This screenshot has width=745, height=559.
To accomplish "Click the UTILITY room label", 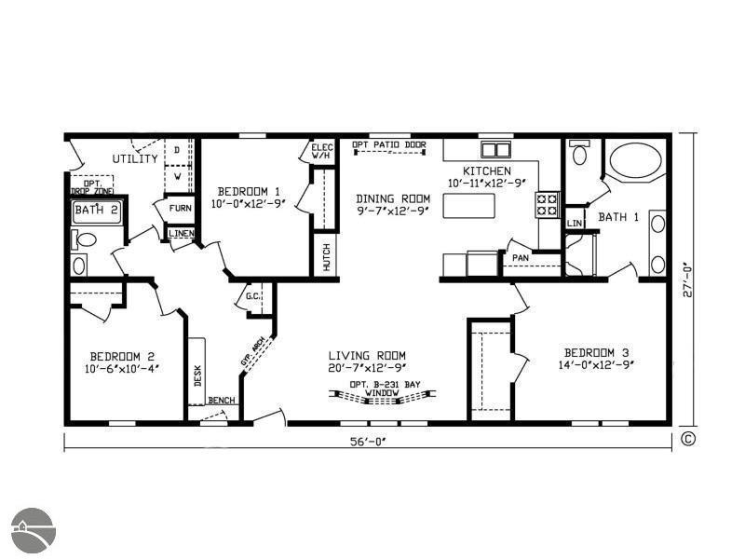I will pyautogui.click(x=135, y=159).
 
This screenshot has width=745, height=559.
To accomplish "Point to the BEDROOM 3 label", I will pyautogui.click(x=596, y=352).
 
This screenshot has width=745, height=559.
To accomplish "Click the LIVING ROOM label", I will pyautogui.click(x=367, y=355).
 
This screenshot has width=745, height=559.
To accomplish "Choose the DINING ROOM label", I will pyautogui.click(x=393, y=198).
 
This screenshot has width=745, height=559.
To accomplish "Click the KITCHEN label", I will pyautogui.click(x=486, y=170).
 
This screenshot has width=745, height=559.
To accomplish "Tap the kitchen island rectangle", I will pyautogui.click(x=468, y=205).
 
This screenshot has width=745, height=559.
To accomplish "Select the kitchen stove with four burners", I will pyautogui.click(x=547, y=204).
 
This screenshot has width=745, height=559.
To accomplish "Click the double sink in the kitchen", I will pyautogui.click(x=495, y=149).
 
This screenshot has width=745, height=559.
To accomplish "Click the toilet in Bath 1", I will pyautogui.click(x=579, y=154).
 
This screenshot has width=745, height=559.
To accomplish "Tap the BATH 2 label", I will pyautogui.click(x=96, y=211).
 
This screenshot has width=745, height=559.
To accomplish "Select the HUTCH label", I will pyautogui.click(x=326, y=257).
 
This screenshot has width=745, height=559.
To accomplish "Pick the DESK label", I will pyautogui.click(x=197, y=375).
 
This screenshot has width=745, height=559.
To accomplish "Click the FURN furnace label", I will pyautogui.click(x=181, y=208).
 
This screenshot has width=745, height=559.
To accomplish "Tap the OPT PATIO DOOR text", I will pyautogui.click(x=389, y=144).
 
